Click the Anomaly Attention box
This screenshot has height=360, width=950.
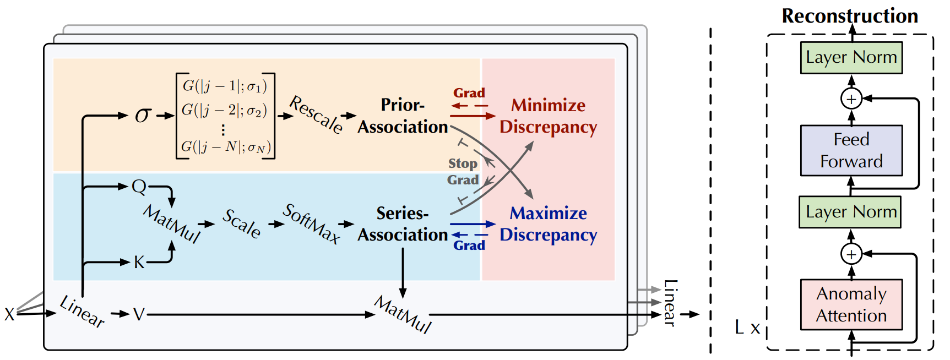851,304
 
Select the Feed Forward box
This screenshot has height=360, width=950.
851,150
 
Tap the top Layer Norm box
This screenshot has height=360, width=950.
851,57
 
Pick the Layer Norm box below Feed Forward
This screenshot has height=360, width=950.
850,212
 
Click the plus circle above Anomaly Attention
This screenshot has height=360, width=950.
851,254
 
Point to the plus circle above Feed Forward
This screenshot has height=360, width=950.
851,99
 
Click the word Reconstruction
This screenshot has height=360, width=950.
850,16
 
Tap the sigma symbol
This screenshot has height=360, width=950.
143,115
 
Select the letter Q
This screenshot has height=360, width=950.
139,187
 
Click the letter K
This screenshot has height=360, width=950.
139,262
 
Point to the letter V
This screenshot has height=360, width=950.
139,314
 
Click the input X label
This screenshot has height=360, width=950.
9,314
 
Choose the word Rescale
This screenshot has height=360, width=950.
317,114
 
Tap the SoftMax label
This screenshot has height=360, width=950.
311,223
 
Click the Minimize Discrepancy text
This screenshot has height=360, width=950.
549,116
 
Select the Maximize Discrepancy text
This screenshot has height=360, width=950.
549,224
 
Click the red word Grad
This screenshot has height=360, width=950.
469,93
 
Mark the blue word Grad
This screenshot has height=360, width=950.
469,246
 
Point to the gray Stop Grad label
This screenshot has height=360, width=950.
463,172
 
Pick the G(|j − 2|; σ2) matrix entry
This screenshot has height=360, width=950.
224,110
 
